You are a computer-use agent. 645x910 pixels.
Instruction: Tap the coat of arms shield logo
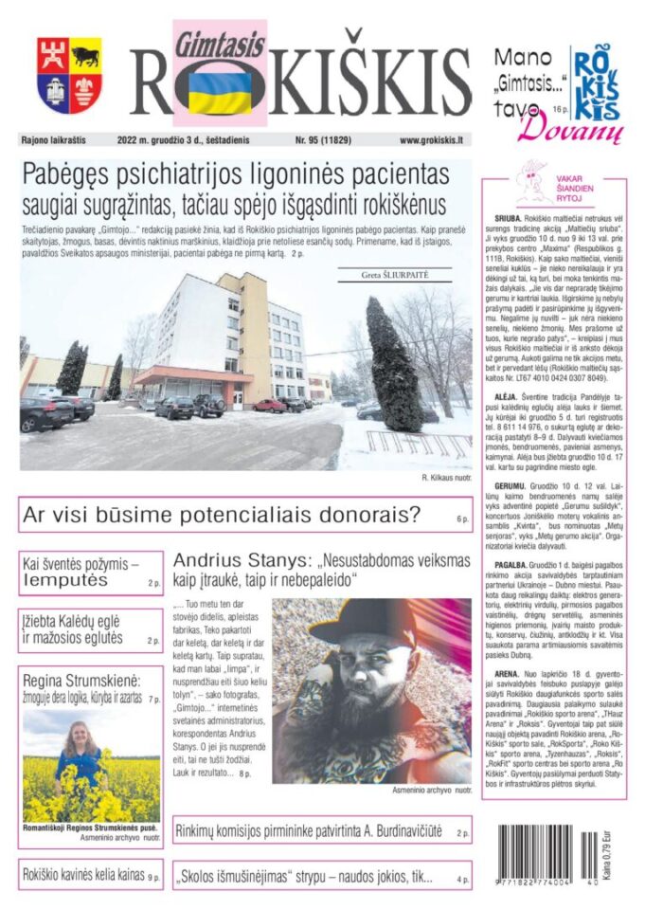click(69, 75)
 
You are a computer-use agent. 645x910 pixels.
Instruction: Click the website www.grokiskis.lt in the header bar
click(431, 140)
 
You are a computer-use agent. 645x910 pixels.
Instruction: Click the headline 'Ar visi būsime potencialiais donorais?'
click(222, 517)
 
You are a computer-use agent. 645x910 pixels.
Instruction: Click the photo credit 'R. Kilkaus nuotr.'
click(445, 478)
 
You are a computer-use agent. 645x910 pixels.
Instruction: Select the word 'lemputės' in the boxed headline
click(64, 580)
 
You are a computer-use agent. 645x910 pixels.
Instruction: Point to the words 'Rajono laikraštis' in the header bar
click(53, 140)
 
